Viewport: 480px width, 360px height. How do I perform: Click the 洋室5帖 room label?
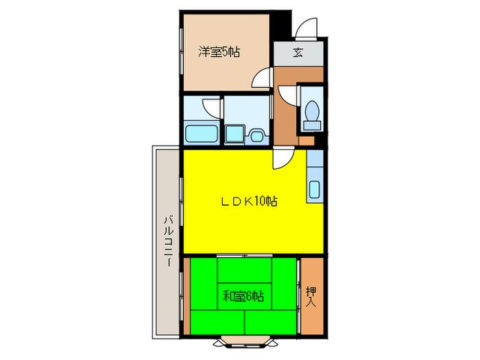tap(219, 51)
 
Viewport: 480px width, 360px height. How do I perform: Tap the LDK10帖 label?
tap(250, 201)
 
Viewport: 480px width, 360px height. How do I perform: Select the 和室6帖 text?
tap(243, 296)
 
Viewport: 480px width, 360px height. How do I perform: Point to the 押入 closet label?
tap(311, 297)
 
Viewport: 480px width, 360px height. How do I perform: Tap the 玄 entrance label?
tap(298, 53)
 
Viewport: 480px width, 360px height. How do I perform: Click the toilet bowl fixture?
tap(312, 110)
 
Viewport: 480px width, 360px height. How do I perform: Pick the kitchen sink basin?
tap(314, 189)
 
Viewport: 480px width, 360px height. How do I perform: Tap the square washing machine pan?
tap(235, 134)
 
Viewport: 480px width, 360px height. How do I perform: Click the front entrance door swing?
tap(307, 28)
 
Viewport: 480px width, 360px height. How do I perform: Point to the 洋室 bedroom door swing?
tap(262, 77)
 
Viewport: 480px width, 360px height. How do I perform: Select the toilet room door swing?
tap(287, 96)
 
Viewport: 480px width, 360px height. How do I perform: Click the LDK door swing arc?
tap(284, 158)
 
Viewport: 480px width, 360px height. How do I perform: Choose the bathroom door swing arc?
tap(211, 108)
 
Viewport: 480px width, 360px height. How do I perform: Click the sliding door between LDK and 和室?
tap(245, 256)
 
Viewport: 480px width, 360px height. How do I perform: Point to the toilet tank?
tap(312, 125)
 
